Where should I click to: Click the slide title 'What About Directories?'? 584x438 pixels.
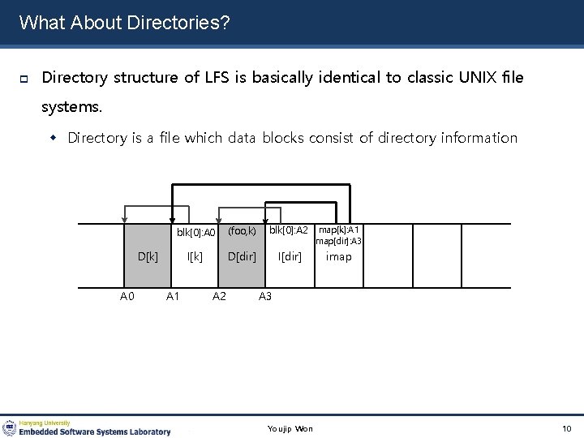pyautogui.click(x=124, y=22)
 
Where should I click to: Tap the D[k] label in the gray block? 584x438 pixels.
pyautogui.click(x=148, y=257)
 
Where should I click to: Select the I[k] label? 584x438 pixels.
pyautogui.click(x=195, y=257)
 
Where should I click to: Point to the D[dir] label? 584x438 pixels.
pyautogui.click(x=241, y=257)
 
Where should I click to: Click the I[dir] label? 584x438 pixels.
pyautogui.click(x=290, y=257)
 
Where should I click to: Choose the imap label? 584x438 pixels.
pyautogui.click(x=338, y=257)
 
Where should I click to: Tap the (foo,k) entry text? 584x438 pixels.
pyautogui.click(x=242, y=231)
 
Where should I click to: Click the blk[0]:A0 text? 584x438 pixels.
pyautogui.click(x=195, y=234)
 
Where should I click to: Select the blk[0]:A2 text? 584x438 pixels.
pyautogui.click(x=289, y=231)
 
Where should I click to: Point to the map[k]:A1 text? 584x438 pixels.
pyautogui.click(x=339, y=230)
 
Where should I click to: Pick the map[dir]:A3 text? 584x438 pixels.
pyautogui.click(x=339, y=241)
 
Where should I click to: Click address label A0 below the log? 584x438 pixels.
pyautogui.click(x=127, y=297)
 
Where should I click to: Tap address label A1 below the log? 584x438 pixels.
pyautogui.click(x=173, y=297)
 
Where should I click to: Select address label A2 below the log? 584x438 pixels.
pyautogui.click(x=219, y=297)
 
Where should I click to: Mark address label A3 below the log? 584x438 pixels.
pyautogui.click(x=265, y=297)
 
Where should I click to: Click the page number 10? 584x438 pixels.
pyautogui.click(x=566, y=428)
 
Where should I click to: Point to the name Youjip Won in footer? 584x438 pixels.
pyautogui.click(x=290, y=428)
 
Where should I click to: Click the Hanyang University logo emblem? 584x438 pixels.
pyautogui.click(x=10, y=427)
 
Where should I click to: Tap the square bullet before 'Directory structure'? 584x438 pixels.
pyautogui.click(x=24, y=79)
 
